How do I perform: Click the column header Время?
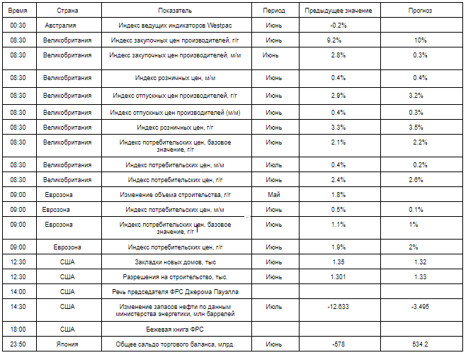pyautogui.click(x=18, y=11)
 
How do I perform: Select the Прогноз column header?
pyautogui.click(x=419, y=11)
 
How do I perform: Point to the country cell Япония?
pyautogui.click(x=67, y=344)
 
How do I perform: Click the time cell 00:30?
pyautogui.click(x=18, y=26)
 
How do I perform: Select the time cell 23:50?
pyautogui.click(x=18, y=344)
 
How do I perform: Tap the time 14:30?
pyautogui.click(x=18, y=306)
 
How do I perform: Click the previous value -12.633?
pyautogui.click(x=338, y=306)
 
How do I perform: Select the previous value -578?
pyautogui.click(x=338, y=344)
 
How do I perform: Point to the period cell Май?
pyautogui.click(x=273, y=194)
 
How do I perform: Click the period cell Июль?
pyautogui.click(x=273, y=306)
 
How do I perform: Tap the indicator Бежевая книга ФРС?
pyautogui.click(x=175, y=329)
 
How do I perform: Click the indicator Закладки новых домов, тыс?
pyautogui.click(x=175, y=261)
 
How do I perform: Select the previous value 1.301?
pyautogui.click(x=338, y=276)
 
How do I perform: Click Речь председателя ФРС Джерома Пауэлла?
pyautogui.click(x=175, y=291)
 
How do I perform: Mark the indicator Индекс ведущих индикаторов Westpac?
pyautogui.click(x=175, y=26)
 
